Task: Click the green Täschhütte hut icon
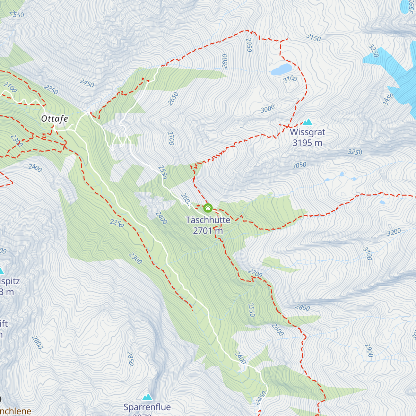click(208, 208)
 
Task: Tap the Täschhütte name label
click(208, 220)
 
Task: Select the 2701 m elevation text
click(208, 231)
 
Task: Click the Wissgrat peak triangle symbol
click(307, 122)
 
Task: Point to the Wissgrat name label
click(307, 132)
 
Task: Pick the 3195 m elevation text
click(307, 142)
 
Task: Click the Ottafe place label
click(54, 119)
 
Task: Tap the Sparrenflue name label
click(147, 407)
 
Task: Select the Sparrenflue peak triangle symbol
click(147, 397)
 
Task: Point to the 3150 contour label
click(313, 37)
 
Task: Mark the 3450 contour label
click(388, 99)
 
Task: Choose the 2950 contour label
click(249, 45)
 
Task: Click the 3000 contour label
click(268, 109)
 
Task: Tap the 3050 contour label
click(299, 165)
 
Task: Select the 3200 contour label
click(394, 232)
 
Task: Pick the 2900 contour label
click(369, 350)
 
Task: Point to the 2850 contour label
click(130, 358)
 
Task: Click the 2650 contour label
click(173, 98)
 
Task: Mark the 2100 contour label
click(10, 87)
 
